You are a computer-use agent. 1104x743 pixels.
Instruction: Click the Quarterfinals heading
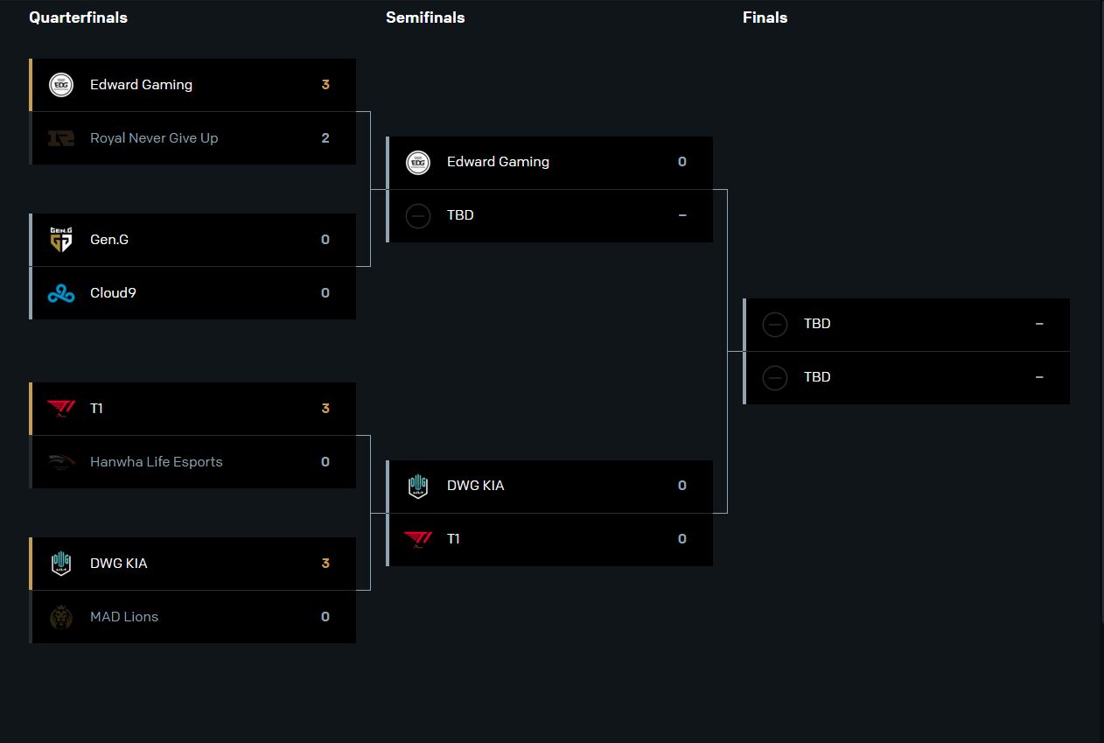pos(78,18)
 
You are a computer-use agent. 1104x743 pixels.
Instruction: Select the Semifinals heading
pos(425,18)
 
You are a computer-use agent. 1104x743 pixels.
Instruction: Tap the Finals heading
pos(765,18)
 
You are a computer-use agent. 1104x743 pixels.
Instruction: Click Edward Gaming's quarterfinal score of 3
pos(325,85)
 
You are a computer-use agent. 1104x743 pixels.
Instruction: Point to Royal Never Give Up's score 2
pos(325,138)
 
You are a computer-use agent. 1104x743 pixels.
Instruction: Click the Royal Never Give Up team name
pos(154,138)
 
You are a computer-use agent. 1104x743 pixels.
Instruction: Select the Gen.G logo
pos(61,240)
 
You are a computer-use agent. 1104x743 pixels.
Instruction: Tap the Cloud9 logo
pos(61,293)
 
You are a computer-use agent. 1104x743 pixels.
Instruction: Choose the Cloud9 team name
pos(113,293)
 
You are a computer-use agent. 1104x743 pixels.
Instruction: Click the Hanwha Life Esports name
pos(156,462)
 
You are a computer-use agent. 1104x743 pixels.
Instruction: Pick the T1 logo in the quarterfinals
pos(61,409)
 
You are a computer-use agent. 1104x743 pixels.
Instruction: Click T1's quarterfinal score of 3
pos(325,409)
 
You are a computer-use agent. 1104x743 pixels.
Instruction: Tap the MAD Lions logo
pos(61,617)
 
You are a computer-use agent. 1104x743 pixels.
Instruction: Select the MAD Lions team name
pos(124,617)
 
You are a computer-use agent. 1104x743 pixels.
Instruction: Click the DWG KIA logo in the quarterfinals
pos(61,564)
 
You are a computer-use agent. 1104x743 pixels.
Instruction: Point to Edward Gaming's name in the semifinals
pos(498,162)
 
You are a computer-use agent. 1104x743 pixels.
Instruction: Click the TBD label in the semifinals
pos(460,215)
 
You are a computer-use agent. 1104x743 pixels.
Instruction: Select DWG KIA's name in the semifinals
pos(475,486)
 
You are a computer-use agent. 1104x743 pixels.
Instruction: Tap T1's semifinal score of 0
pos(682,539)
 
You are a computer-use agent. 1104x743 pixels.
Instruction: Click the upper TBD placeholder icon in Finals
pos(775,325)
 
